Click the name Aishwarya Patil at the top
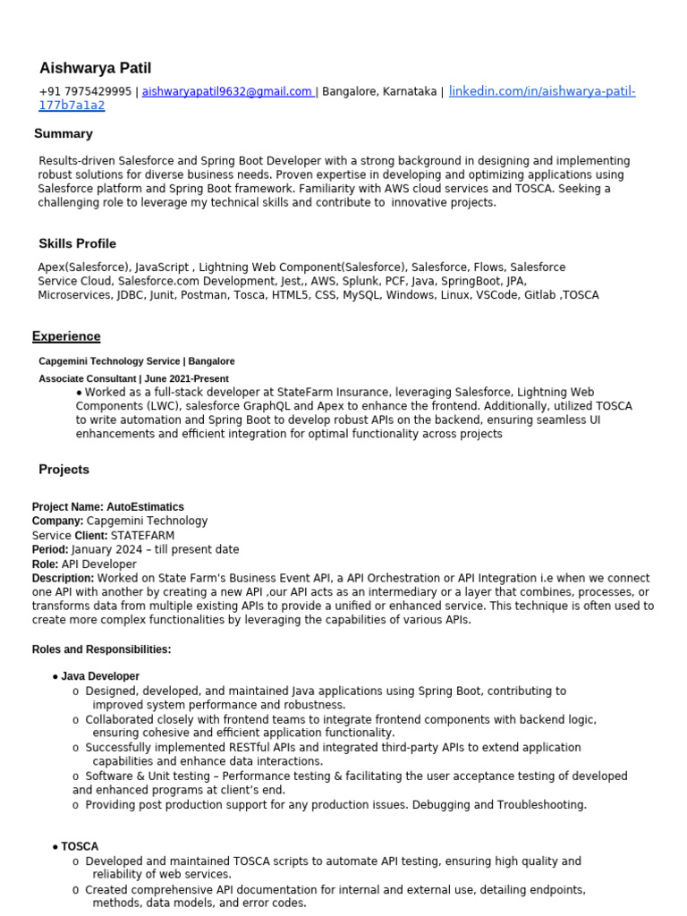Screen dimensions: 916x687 pyautogui.click(x=95, y=69)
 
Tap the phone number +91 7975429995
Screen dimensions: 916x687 pyautogui.click(x=85, y=91)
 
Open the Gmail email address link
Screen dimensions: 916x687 pyautogui.click(x=227, y=91)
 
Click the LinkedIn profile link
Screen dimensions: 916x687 pyautogui.click(x=541, y=91)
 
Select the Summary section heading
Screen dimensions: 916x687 pyautogui.click(x=64, y=133)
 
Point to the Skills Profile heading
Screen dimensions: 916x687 pyautogui.click(x=77, y=243)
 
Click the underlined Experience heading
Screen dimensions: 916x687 pyautogui.click(x=66, y=336)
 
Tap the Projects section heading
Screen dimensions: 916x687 pyautogui.click(x=64, y=470)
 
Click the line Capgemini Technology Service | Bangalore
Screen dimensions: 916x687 pyautogui.click(x=137, y=361)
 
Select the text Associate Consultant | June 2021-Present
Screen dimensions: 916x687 pyautogui.click(x=133, y=378)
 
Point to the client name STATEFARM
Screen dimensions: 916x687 pyautogui.click(x=142, y=536)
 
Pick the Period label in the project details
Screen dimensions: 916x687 pyautogui.click(x=50, y=549)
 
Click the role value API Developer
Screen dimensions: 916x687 pyautogui.click(x=105, y=564)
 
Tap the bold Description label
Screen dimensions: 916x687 pyautogui.click(x=63, y=579)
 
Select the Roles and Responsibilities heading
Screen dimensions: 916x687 pyautogui.click(x=101, y=649)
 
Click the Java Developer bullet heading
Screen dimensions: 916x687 pyautogui.click(x=100, y=676)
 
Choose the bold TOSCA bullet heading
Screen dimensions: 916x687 pyautogui.click(x=80, y=846)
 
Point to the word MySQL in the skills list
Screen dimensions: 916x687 pyautogui.click(x=360, y=294)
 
